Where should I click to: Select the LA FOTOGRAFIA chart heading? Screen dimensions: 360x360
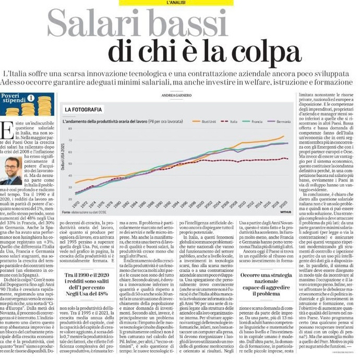pos(83,110)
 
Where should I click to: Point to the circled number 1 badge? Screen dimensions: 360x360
pos(31,98)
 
